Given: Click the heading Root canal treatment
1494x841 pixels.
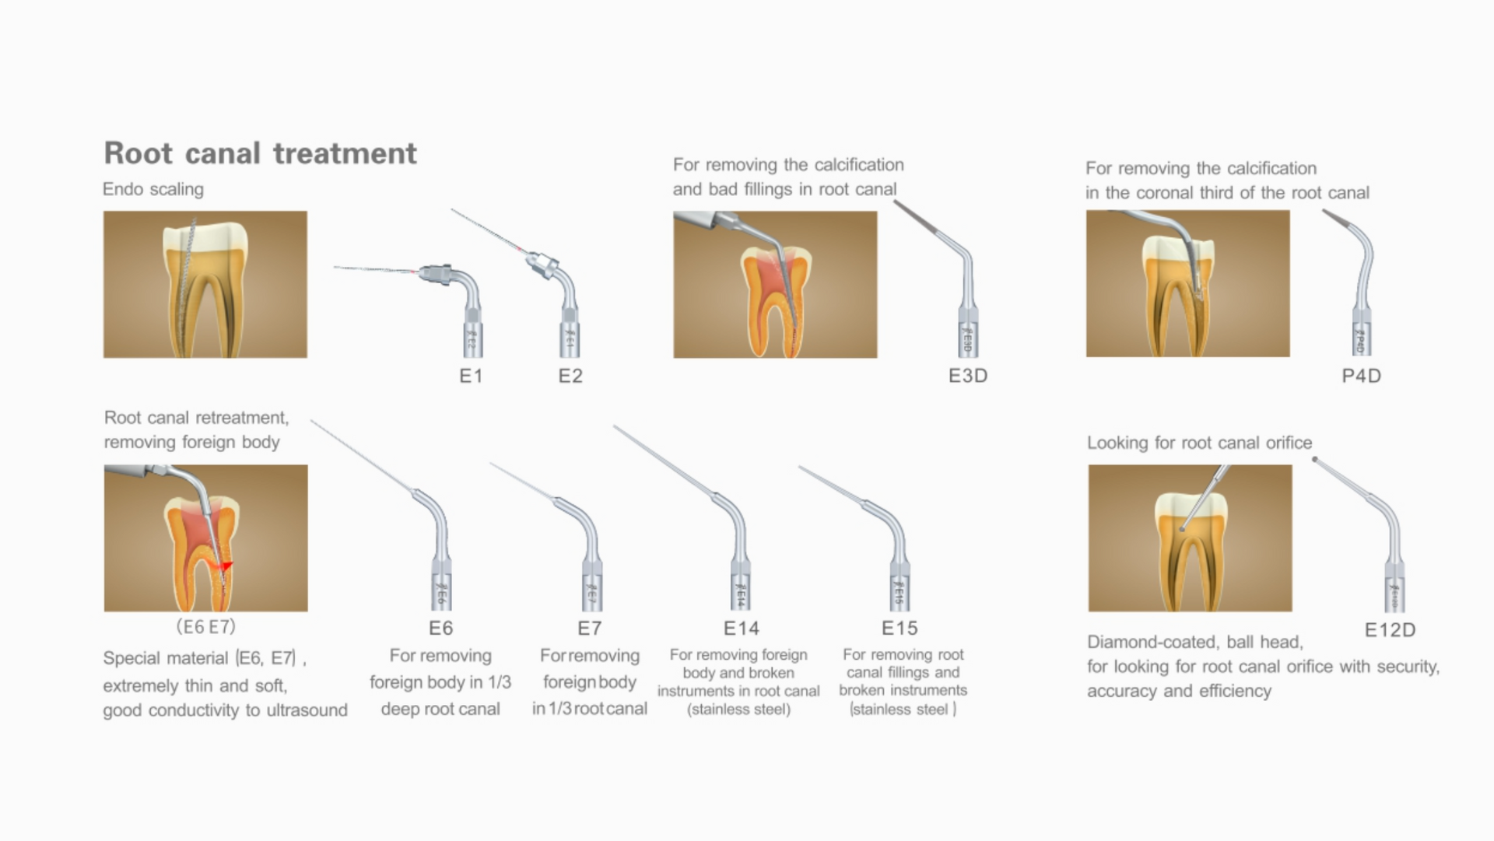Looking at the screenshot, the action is (x=261, y=153).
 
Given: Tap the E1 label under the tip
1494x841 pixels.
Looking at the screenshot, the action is (x=471, y=376).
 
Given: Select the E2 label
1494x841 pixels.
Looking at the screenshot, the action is (x=570, y=376).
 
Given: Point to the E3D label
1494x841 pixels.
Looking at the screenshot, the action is (x=968, y=376).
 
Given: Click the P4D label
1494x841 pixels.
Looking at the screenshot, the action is (x=1362, y=376).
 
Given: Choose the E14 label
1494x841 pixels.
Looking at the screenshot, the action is (x=742, y=628).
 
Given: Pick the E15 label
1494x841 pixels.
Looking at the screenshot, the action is (x=900, y=628).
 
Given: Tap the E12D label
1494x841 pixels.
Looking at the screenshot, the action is (x=1390, y=630).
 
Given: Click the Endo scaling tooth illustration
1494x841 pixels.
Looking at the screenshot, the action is (x=205, y=285).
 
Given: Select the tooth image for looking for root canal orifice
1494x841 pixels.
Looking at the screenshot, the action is (x=1190, y=538).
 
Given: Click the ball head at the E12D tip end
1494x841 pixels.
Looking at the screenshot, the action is (x=1315, y=460).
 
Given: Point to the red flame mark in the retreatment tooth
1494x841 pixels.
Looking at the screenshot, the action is (x=226, y=566).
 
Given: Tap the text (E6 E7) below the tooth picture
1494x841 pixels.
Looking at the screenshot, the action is (x=205, y=626).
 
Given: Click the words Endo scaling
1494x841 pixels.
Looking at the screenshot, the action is (x=153, y=189).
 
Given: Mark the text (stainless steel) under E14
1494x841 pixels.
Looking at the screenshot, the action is (x=738, y=710).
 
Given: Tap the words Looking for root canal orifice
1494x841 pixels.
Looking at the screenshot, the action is (x=1199, y=443).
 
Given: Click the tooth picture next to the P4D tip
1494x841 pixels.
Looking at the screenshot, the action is (x=1188, y=284).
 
